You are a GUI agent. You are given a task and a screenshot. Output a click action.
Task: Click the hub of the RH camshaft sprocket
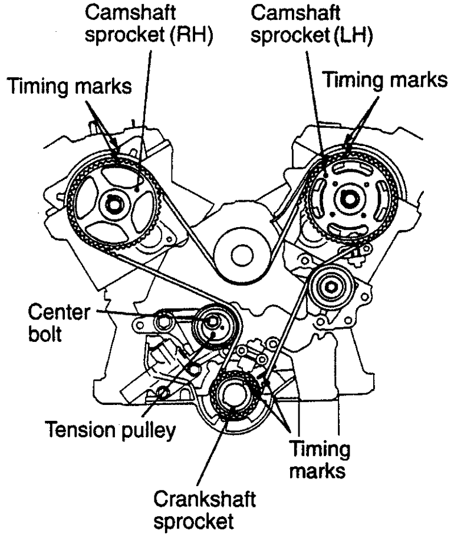click(x=111, y=205)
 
